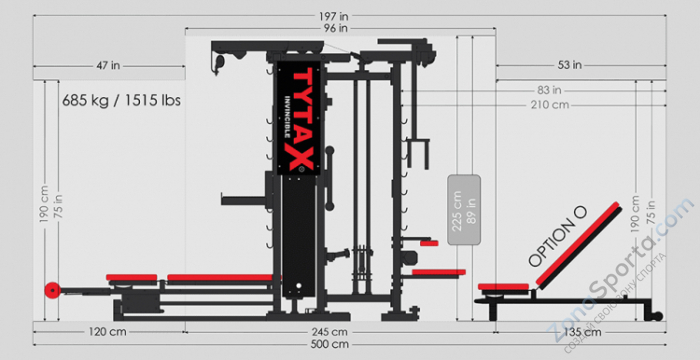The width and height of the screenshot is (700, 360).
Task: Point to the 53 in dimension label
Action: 570,65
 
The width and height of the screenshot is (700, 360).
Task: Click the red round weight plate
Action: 50,291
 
